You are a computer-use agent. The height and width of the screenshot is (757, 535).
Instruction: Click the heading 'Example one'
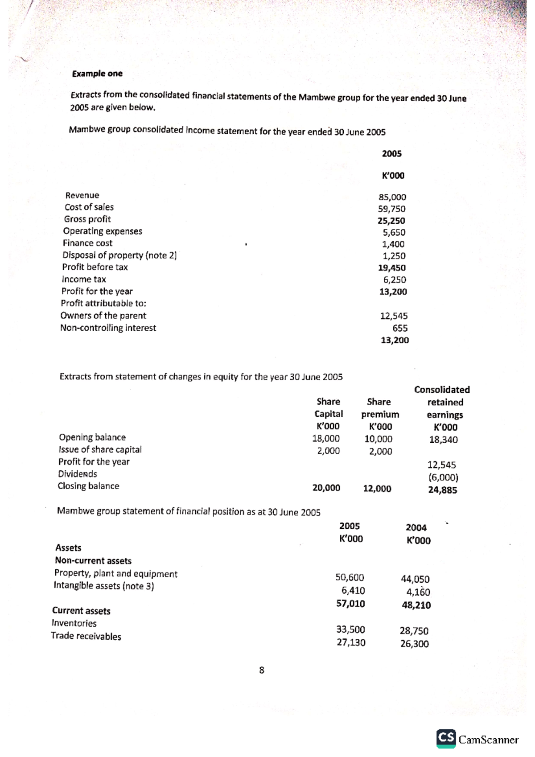coord(97,74)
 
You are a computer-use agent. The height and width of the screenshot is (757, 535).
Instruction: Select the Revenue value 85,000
coord(392,197)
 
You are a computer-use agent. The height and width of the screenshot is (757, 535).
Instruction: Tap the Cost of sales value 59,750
coord(391,209)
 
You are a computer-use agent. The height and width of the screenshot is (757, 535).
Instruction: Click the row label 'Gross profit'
coord(87,219)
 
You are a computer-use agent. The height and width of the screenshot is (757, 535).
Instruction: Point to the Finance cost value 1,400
coord(393,244)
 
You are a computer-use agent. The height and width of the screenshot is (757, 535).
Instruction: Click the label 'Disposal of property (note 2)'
coord(119,255)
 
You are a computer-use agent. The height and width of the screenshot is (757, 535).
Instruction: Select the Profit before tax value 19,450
coord(392,268)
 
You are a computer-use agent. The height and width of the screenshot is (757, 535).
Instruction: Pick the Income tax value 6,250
coord(395,280)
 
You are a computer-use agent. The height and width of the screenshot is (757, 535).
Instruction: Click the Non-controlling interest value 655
coord(400,328)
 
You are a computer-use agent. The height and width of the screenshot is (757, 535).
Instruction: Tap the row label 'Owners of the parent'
coord(103,316)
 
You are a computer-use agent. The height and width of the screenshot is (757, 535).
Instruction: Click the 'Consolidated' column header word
coord(442,390)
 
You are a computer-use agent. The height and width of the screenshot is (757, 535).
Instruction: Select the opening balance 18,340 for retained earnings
coord(443,440)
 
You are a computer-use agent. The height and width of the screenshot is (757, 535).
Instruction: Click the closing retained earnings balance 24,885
coord(443,490)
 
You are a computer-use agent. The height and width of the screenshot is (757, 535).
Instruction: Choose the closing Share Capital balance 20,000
coord(326,488)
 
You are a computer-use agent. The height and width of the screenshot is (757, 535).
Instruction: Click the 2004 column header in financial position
coord(416,527)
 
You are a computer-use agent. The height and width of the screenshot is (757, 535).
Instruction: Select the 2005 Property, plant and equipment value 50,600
coord(350,577)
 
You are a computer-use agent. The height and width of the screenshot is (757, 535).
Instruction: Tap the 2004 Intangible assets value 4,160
coord(418,592)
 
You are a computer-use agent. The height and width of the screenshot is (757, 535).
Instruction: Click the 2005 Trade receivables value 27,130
coord(351,642)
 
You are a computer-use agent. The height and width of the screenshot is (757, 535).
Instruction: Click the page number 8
coord(262,670)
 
